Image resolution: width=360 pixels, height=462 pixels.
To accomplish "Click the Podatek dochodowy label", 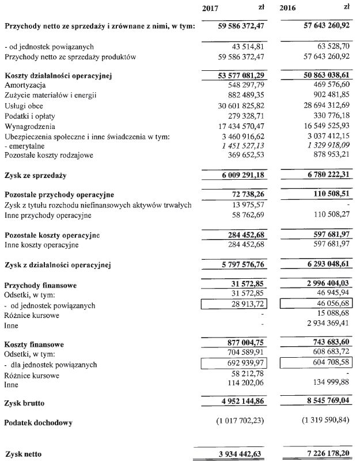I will tap(38, 423).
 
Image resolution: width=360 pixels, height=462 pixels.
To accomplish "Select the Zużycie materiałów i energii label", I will tap(50, 95).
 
